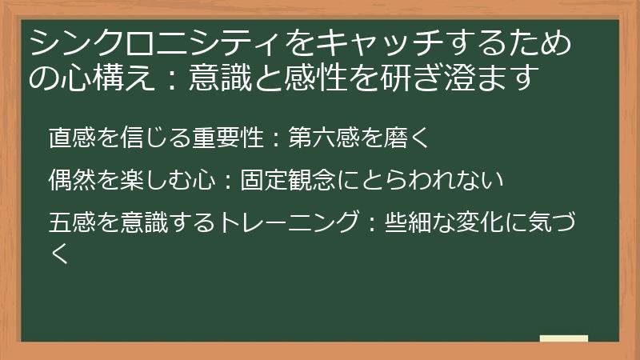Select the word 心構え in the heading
[x=95, y=78]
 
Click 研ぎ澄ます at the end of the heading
[x=454, y=78]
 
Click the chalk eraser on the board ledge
[x=564, y=338]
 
